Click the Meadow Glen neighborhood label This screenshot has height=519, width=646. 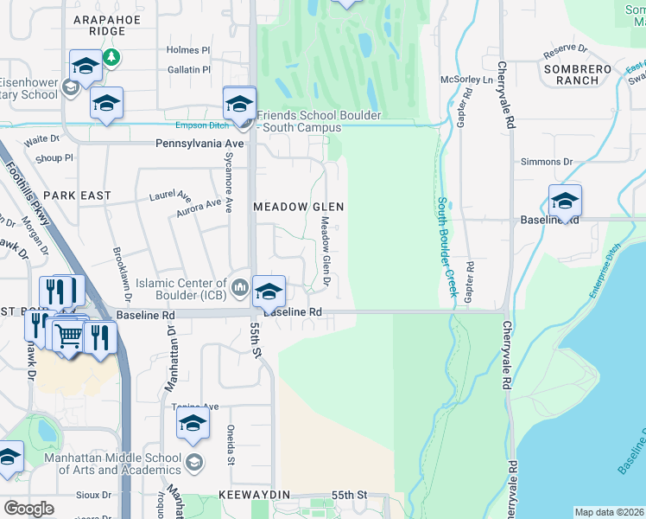[298, 207]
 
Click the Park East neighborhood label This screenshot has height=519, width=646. [78, 195]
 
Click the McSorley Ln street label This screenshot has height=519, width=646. [466, 80]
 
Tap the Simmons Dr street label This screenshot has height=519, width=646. [547, 162]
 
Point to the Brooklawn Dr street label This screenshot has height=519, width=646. [122, 273]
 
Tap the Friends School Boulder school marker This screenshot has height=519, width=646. [239, 104]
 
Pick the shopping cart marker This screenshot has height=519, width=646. [69, 334]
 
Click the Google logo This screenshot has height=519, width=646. [28, 509]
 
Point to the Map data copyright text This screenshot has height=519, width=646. [609, 512]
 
